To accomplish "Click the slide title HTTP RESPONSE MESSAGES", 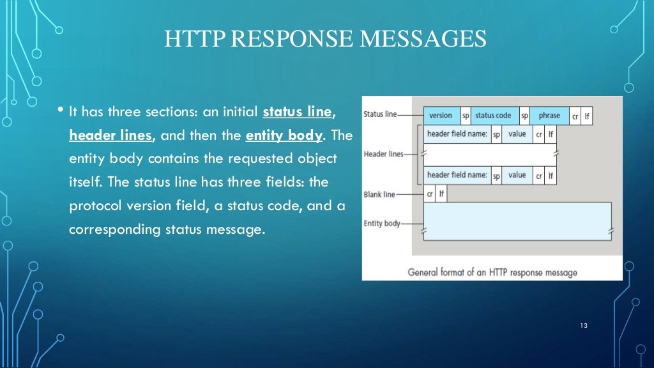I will tap(326, 39).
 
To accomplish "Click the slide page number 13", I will tap(583, 326).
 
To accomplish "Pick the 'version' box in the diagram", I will tap(441, 116).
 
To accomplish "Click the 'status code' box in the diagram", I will tap(494, 116).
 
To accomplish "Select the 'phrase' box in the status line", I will tap(549, 116).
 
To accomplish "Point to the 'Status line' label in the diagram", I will tap(379, 114).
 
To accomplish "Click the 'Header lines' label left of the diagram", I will tap(383, 155).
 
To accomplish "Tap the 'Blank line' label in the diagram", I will tap(379, 194).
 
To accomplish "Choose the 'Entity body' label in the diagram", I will tap(382, 224).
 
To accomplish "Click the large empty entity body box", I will tap(517, 221).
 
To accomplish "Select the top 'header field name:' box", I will tap(457, 135).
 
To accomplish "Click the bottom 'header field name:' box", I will tap(457, 175).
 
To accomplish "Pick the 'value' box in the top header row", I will tap(517, 135).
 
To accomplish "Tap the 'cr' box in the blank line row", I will tap(430, 194).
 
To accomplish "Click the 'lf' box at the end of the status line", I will tap(587, 116).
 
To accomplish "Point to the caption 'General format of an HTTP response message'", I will tap(492, 272).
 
